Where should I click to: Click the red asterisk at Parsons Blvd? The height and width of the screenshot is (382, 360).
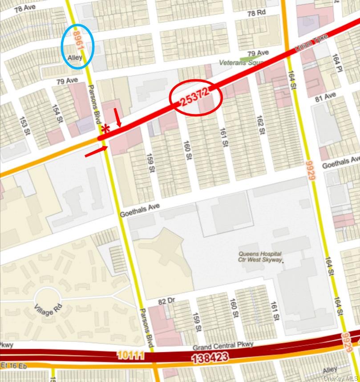pyautogui.click(x=105, y=129)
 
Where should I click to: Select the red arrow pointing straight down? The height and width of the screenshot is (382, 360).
pyautogui.click(x=118, y=118)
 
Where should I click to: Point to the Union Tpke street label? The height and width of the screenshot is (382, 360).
pyautogui.click(x=311, y=43)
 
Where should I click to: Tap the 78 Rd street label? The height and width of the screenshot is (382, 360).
pyautogui.click(x=256, y=13)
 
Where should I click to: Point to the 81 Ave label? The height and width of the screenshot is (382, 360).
pyautogui.click(x=325, y=97)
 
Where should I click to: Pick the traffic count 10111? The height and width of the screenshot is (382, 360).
pyautogui.click(x=132, y=355)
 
